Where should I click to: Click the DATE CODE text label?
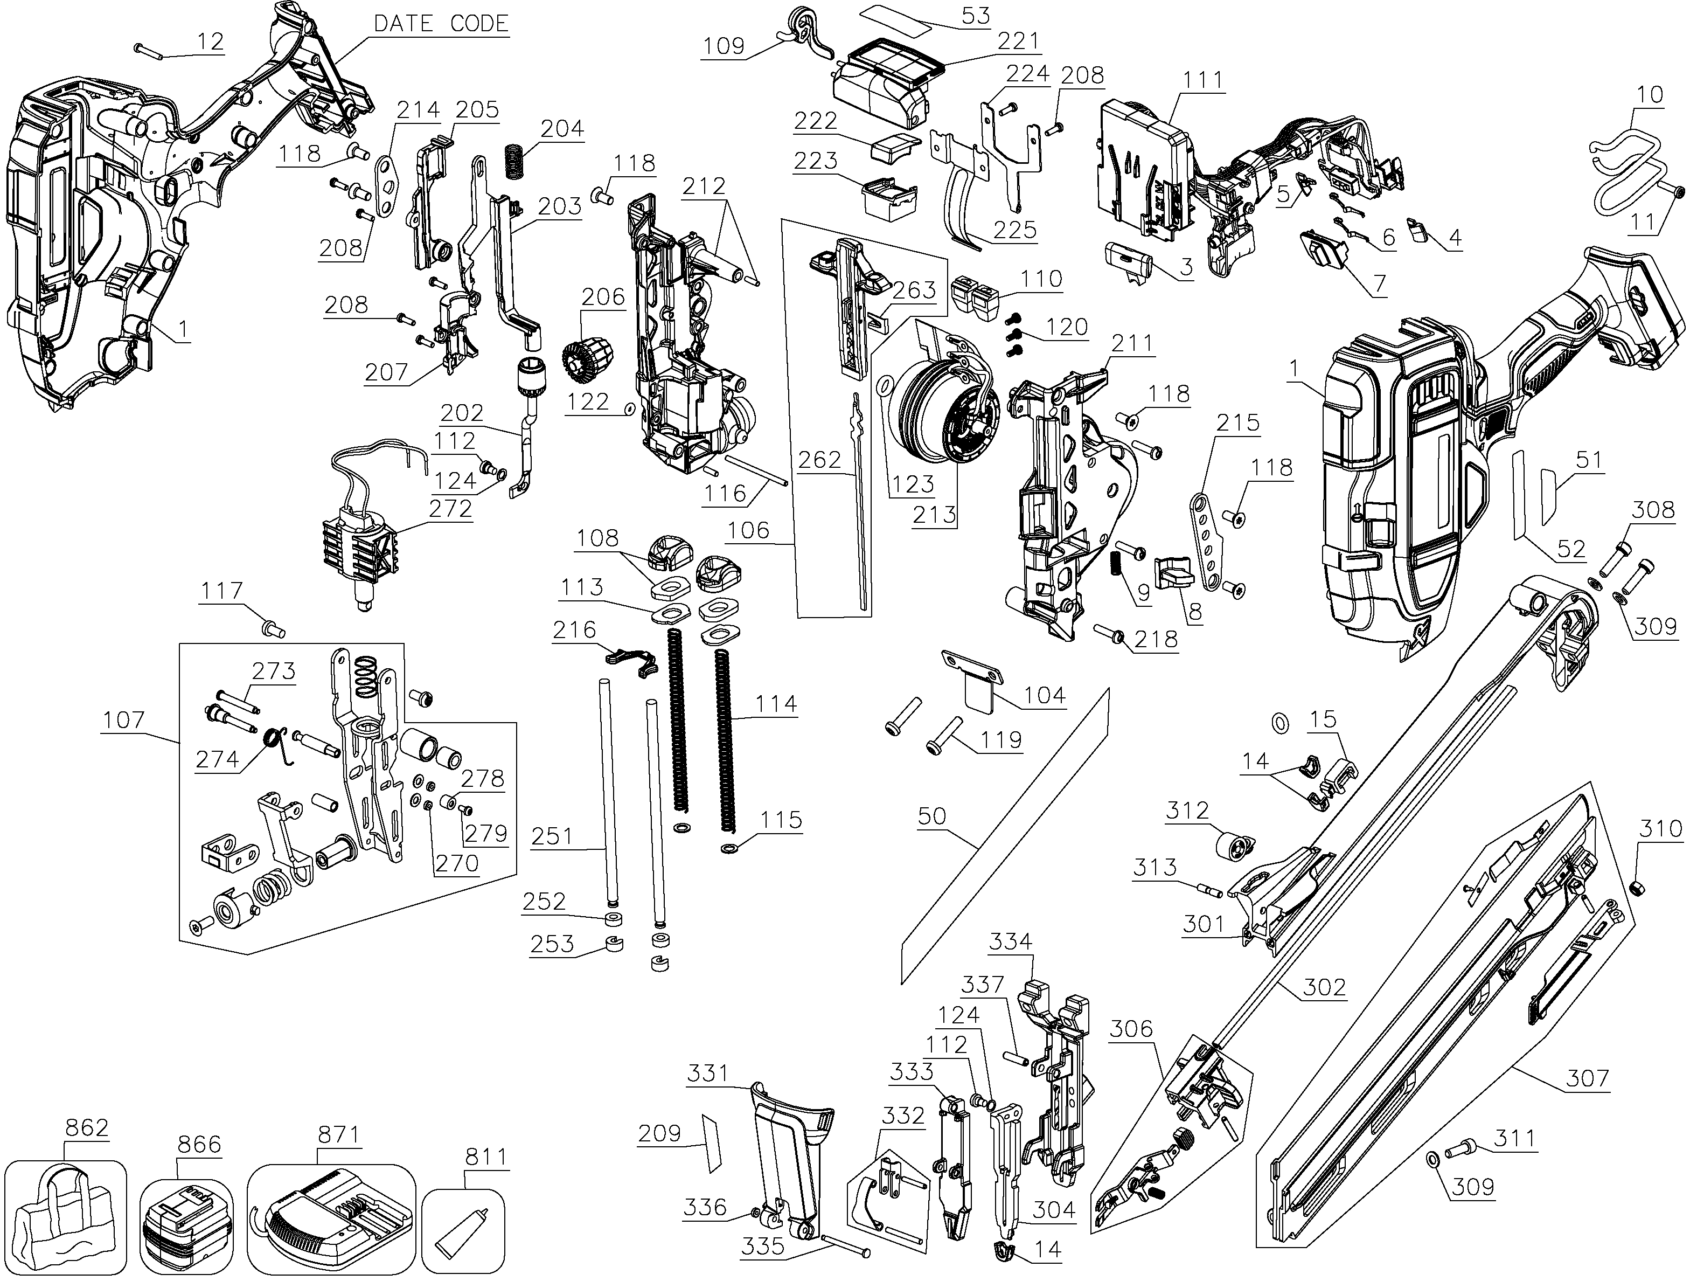[x=441, y=24]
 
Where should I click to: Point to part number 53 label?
[x=976, y=15]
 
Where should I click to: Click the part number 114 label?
[x=776, y=703]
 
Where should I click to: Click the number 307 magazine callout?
[x=1587, y=1079]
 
